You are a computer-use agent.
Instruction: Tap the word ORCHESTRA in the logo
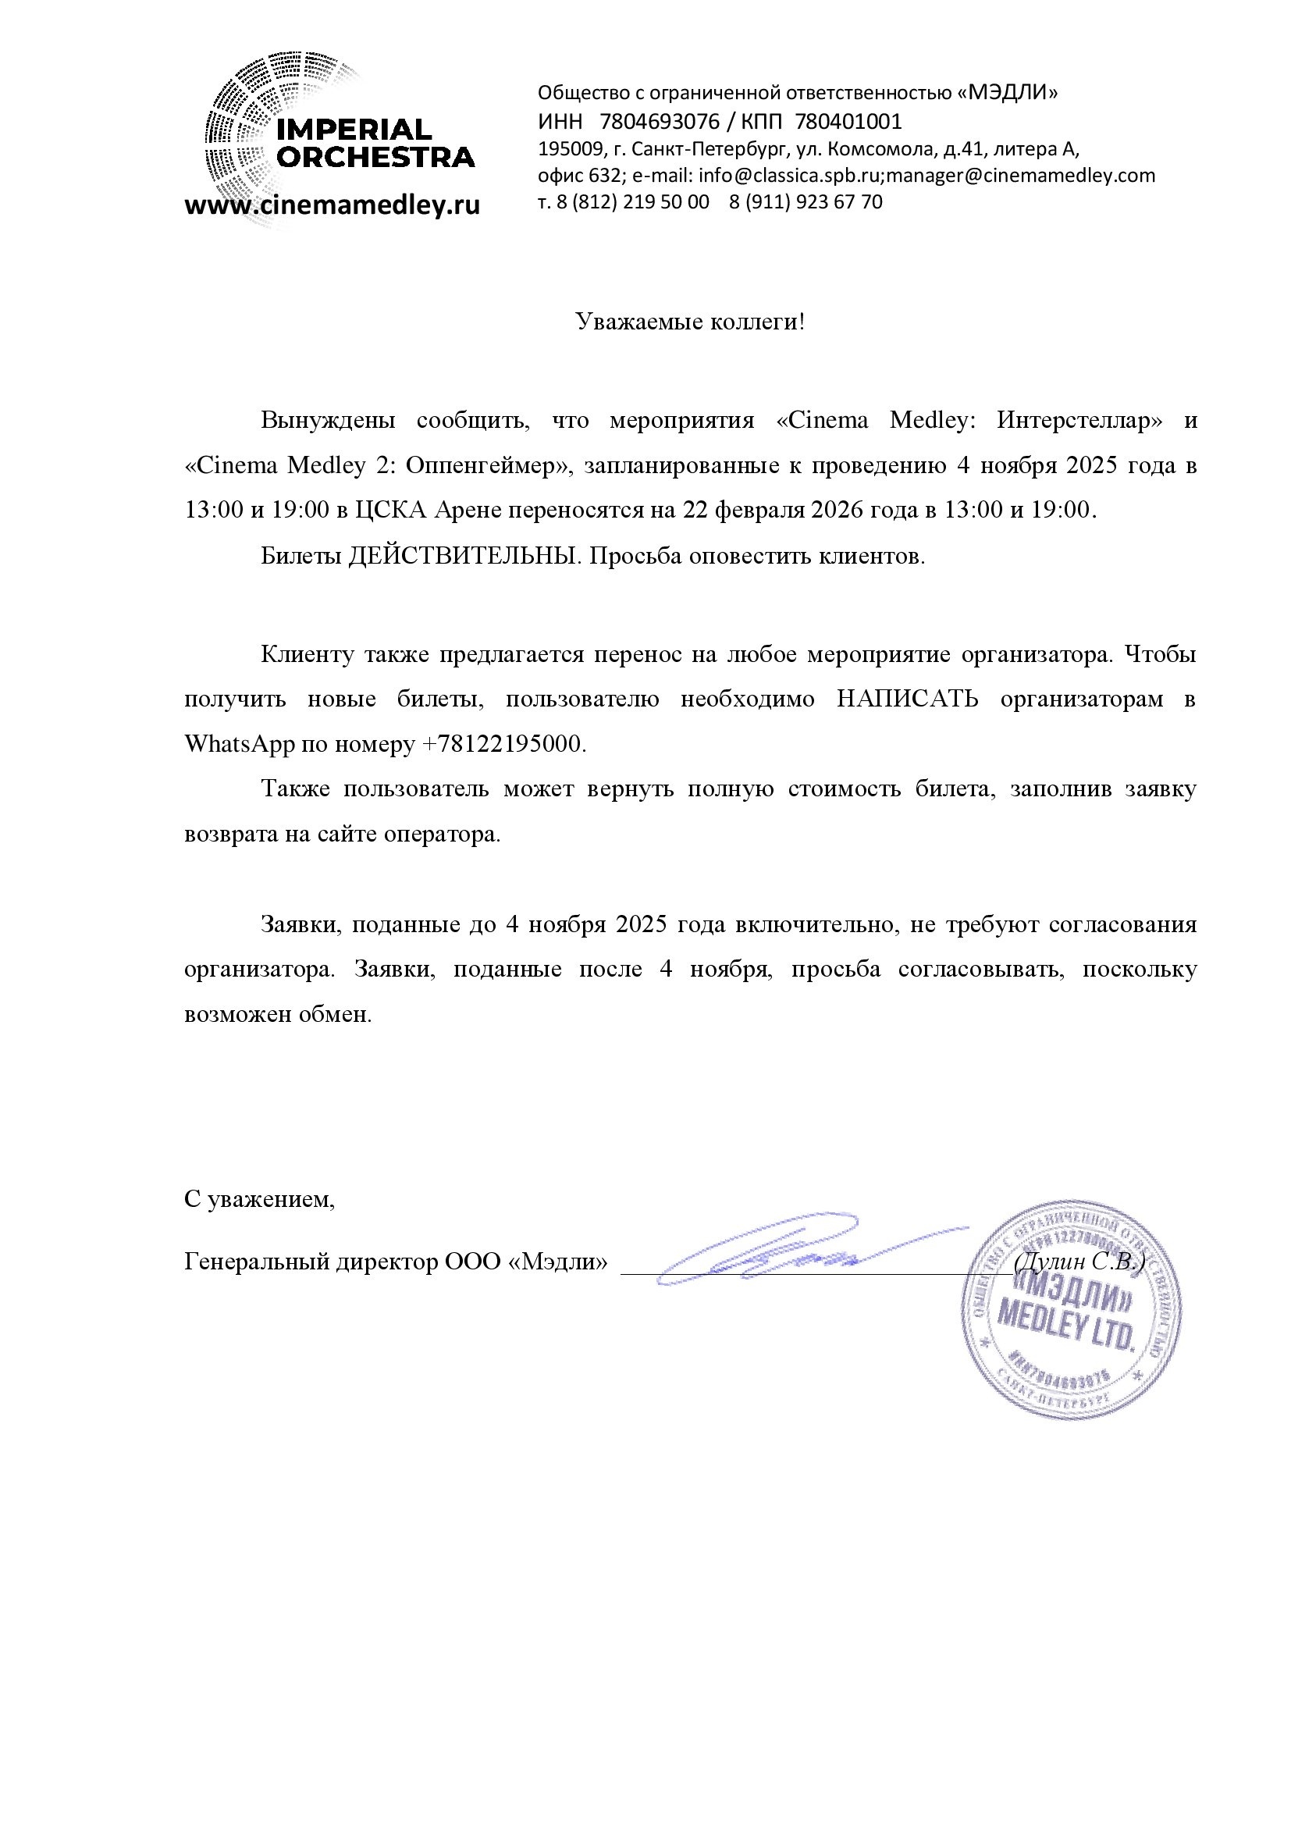(x=375, y=157)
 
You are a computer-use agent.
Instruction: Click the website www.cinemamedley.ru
(x=333, y=205)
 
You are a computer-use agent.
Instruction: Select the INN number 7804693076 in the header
(x=659, y=122)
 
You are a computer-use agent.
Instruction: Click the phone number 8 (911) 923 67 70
(x=806, y=202)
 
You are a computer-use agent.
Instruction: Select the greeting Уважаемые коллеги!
(x=690, y=322)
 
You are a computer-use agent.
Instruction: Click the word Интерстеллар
(x=1079, y=420)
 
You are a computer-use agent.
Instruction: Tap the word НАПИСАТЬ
(x=907, y=699)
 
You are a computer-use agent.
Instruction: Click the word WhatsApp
(x=240, y=745)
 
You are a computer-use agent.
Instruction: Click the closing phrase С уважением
(x=259, y=1199)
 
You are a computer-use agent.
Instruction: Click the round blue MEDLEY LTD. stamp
(x=1070, y=1310)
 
